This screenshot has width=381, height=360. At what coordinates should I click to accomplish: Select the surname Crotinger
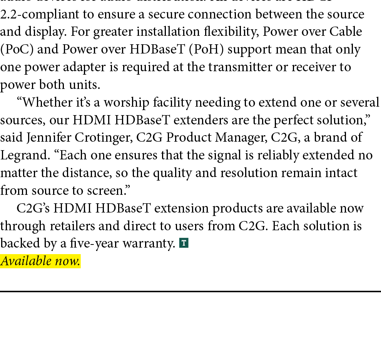click(100, 137)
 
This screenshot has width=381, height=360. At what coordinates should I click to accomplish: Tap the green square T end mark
click(184, 243)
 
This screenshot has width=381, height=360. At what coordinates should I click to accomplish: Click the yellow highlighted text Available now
click(40, 261)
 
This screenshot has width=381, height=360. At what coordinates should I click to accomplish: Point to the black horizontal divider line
click(190, 291)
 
